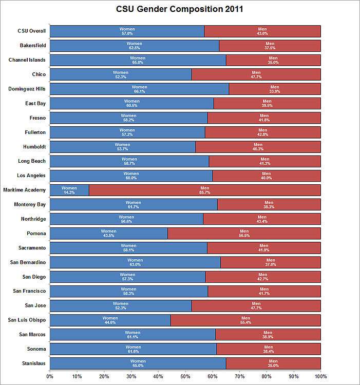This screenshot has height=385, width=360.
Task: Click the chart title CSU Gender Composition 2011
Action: pyautogui.click(x=180, y=9)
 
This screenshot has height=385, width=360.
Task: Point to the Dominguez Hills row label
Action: pyautogui.click(x=27, y=89)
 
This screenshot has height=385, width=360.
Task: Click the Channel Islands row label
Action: pyautogui.click(x=27, y=60)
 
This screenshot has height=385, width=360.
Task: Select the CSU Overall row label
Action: pyautogui.click(x=32, y=31)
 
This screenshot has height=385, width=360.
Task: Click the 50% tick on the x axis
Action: pyautogui.click(x=185, y=376)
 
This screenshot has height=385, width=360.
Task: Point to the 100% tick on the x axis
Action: pyautogui.click(x=320, y=376)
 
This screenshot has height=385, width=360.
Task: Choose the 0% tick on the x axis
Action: pyautogui.click(x=50, y=376)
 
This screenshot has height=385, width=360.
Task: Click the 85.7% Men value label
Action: pyautogui.click(x=205, y=192)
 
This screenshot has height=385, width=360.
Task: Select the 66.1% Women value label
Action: pyautogui.click(x=140, y=91)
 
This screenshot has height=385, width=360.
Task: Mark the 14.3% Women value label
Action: pyautogui.click(x=69, y=192)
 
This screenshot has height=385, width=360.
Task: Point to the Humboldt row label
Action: pyautogui.click(x=34, y=147)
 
